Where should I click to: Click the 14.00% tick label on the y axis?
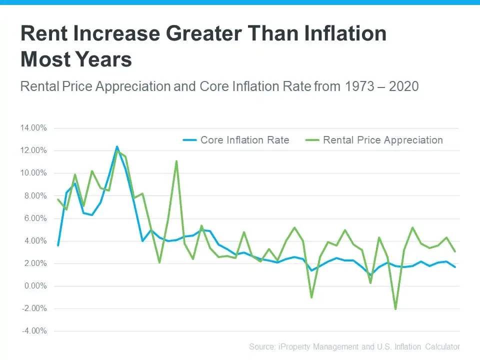click(33, 128)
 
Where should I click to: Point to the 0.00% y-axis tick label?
click(34, 286)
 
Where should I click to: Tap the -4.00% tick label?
click(33, 331)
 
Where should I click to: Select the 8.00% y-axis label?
click(34, 196)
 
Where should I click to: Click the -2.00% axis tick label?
click(33, 308)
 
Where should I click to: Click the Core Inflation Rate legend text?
click(244, 140)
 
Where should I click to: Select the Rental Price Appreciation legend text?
click(383, 140)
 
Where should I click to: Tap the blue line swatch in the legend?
click(189, 140)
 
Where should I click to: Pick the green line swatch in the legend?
click(312, 140)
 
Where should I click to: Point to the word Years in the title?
click(104, 59)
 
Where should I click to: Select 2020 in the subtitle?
click(403, 86)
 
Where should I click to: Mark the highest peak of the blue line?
click(117, 147)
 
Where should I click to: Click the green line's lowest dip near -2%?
click(395, 309)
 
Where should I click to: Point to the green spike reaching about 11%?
click(176, 161)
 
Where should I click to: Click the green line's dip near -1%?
click(311, 297)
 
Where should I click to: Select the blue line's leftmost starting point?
click(58, 245)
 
